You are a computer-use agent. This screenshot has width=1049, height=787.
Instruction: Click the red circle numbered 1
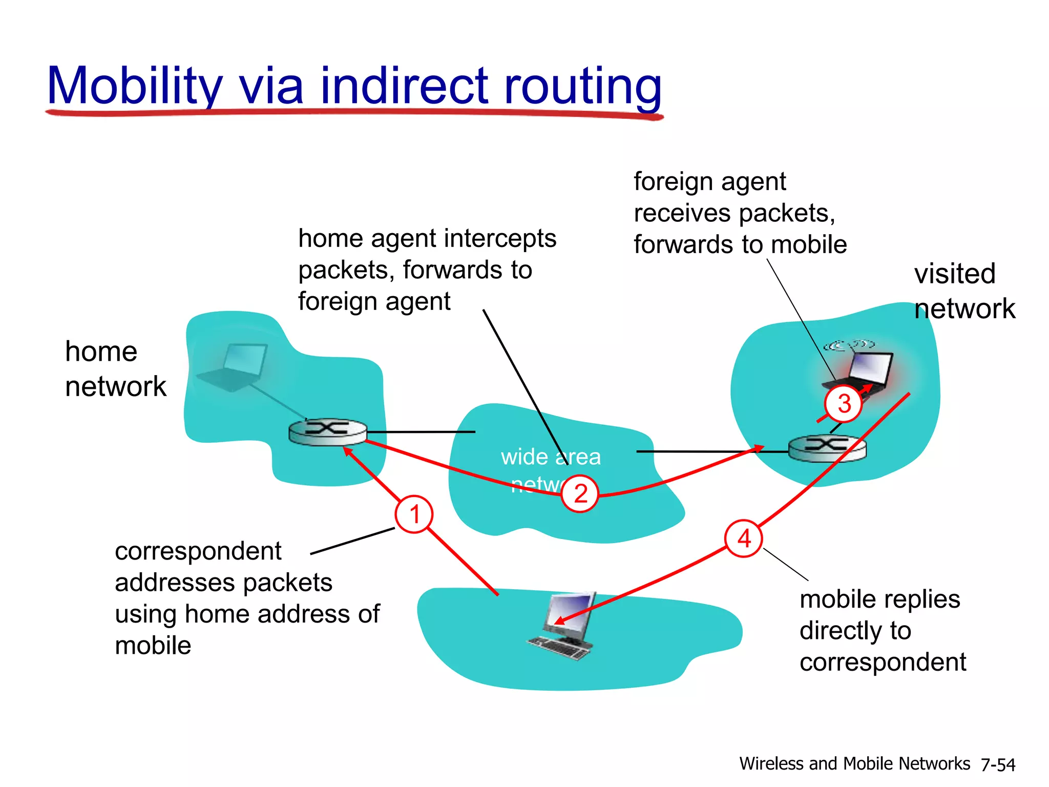click(x=414, y=514)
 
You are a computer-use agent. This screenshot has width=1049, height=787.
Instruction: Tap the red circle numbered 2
click(x=580, y=493)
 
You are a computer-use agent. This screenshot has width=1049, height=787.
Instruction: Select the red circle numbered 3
click(x=844, y=404)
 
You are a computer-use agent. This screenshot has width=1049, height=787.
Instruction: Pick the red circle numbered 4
click(x=744, y=539)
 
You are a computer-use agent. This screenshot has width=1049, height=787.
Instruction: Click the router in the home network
click(x=327, y=431)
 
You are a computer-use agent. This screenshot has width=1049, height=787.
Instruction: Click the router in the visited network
click(x=827, y=448)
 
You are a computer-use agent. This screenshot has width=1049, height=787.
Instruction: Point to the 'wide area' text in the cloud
click(x=551, y=457)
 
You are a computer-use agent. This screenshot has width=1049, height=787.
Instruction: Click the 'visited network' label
click(x=963, y=291)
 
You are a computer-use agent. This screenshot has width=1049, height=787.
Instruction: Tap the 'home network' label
click(x=115, y=369)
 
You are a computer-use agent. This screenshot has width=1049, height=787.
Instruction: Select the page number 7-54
click(x=997, y=764)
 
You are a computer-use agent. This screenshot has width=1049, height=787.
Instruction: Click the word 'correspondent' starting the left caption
click(x=198, y=551)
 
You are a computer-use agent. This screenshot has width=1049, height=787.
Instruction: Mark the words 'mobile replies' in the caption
click(x=879, y=599)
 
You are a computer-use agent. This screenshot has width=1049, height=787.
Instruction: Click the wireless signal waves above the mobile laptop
click(x=849, y=345)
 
